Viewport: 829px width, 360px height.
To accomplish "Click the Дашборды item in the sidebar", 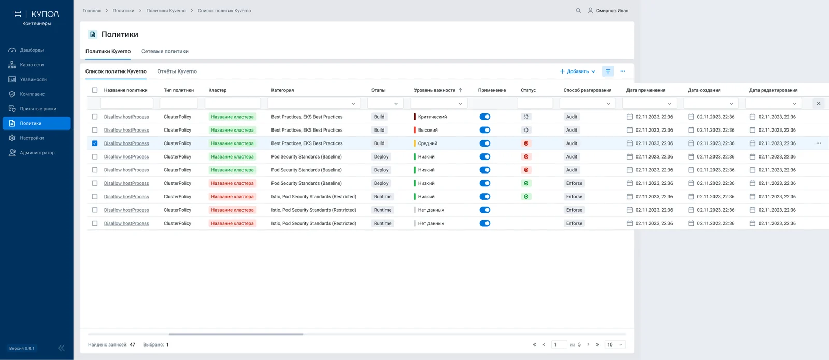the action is (32, 50).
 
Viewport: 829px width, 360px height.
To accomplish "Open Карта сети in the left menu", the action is (32, 65).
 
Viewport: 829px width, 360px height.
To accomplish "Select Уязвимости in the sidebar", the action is (33, 79).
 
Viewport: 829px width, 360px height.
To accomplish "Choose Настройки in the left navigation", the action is (32, 138).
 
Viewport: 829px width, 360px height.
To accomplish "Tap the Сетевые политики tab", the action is (165, 51).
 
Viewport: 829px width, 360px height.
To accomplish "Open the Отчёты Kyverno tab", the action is (177, 71).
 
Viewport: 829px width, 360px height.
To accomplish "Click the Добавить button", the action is (577, 71).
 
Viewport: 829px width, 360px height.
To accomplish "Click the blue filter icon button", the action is (608, 71).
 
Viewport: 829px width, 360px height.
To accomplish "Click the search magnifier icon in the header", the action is (578, 11).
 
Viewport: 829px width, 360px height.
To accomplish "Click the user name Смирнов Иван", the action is (612, 11).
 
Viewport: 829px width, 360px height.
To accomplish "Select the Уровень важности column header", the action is (435, 90).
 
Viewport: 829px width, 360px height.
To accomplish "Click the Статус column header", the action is (528, 90).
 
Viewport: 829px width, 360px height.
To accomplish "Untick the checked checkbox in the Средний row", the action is (95, 143).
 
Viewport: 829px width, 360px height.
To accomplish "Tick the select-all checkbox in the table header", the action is (95, 90).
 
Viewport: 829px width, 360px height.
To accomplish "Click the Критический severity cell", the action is (432, 117).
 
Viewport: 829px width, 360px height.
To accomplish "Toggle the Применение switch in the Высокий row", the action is (484, 130).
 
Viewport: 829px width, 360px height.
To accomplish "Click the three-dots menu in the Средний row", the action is (818, 143).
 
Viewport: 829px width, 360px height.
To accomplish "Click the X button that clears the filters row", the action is (818, 103).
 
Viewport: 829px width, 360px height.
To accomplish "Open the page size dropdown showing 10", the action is (614, 344).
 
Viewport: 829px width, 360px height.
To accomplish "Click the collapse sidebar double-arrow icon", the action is (62, 348).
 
